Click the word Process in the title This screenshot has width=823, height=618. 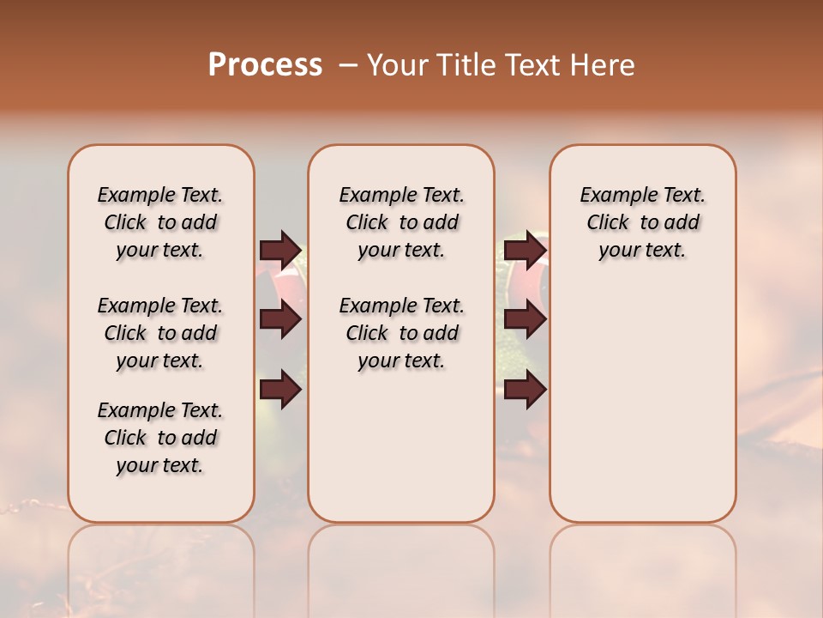pos(265,64)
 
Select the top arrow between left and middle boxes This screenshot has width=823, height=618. pos(280,250)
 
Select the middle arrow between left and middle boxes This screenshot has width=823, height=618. pos(280,320)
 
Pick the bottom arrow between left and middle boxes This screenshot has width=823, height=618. pos(280,389)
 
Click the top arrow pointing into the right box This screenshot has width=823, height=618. pos(525,250)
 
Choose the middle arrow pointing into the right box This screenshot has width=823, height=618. pos(525,320)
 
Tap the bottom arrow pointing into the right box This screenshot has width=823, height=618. pos(525,389)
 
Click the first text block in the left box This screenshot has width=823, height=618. pos(160,222)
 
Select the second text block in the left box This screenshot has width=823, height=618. pos(160,333)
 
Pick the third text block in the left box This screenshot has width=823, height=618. pos(160,438)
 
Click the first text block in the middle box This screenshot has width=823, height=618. pos(402,222)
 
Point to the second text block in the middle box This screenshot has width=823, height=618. pos(402,333)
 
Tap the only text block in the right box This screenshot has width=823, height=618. pos(643,222)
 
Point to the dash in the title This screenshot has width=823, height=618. pos(349,64)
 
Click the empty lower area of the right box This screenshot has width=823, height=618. pos(643,412)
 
